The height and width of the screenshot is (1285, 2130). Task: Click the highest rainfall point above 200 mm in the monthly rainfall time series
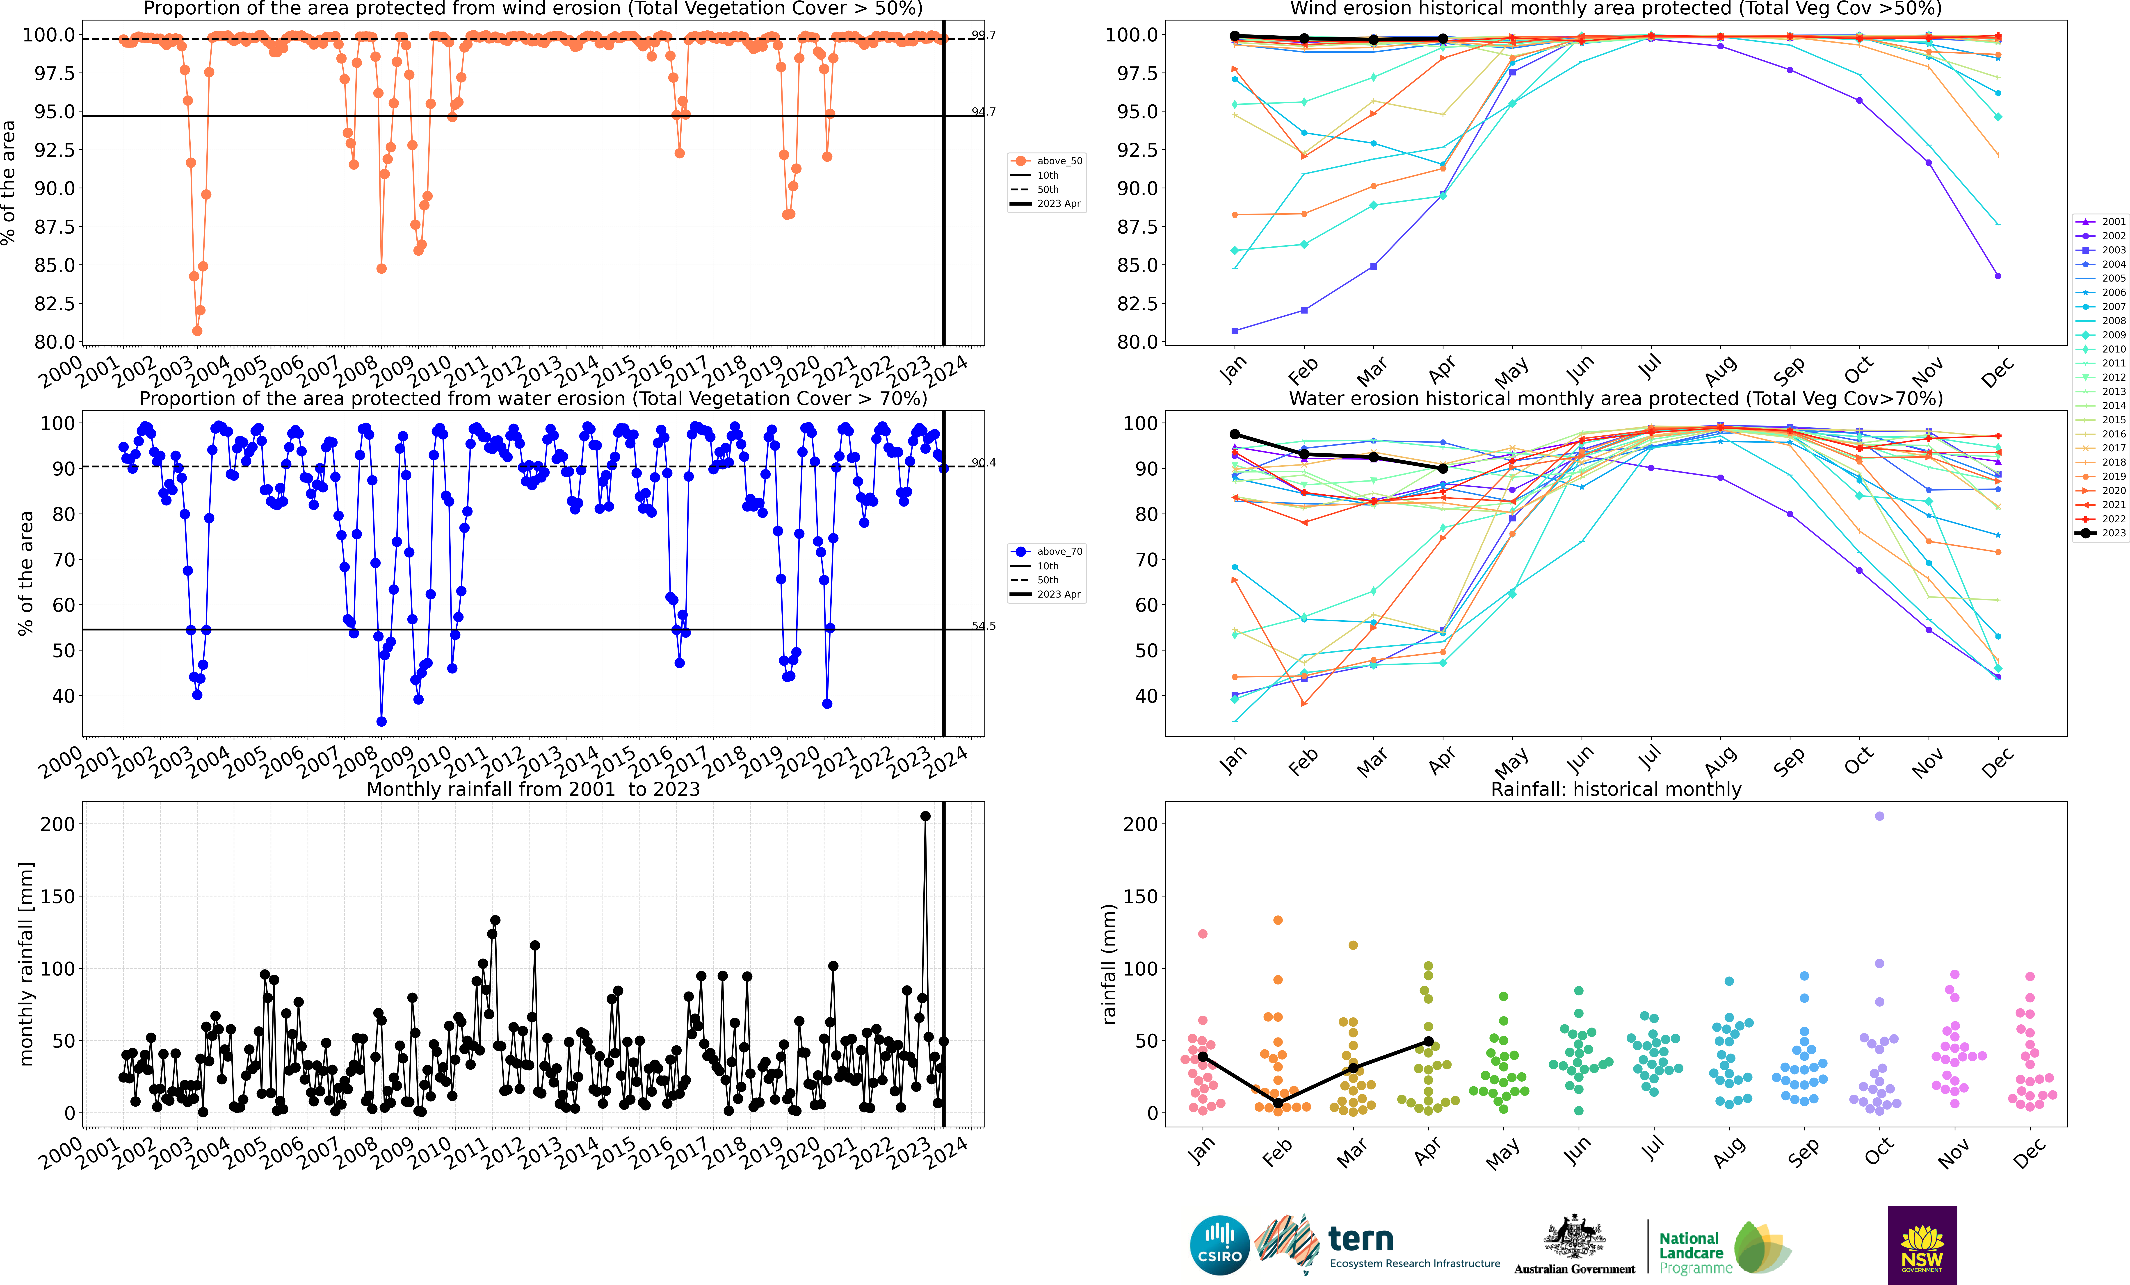[x=925, y=816]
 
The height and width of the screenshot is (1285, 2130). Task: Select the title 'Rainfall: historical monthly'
[x=1616, y=789]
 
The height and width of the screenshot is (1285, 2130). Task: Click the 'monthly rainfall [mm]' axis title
[x=26, y=964]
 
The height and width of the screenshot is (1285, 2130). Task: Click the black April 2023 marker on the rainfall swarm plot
[x=1428, y=1041]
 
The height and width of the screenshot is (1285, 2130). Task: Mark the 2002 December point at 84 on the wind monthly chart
[x=1998, y=276]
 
